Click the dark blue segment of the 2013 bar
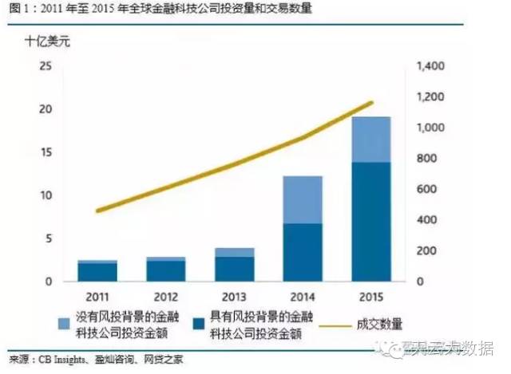(x=234, y=269)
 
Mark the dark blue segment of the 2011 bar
(x=100, y=272)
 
